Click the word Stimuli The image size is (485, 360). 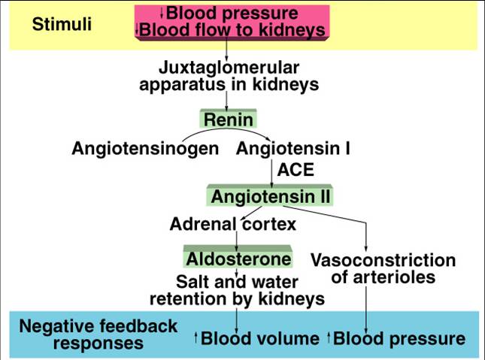coord(62,24)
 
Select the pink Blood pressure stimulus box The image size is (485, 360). coord(232,23)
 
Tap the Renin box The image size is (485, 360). coord(229,119)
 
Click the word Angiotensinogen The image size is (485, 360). coord(145,149)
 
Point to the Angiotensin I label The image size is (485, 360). coord(293,148)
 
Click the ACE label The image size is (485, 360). coord(296,170)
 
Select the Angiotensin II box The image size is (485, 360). coord(270,195)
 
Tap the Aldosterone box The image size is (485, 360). coord(238,257)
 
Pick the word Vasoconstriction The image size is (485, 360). coord(383,260)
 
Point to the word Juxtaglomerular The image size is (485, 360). coord(229,68)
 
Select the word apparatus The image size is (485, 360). coord(183,85)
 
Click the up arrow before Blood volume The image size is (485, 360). coord(196,337)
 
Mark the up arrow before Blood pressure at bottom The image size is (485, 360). coord(329,337)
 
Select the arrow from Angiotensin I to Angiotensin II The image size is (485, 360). coord(271,173)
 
